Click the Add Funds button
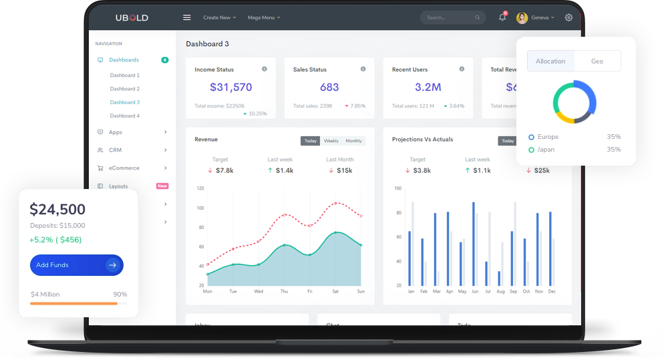coord(76,265)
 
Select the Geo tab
coord(597,61)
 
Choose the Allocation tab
coord(550,61)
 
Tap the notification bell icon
coord(502,17)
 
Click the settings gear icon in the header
coord(568,17)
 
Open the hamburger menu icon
coord(187,17)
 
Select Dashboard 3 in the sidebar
coord(125,102)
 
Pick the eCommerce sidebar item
coord(124,168)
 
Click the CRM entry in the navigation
coord(116,150)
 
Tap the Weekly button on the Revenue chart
coord(331,141)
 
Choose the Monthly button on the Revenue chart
coord(354,141)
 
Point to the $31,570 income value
coord(231,87)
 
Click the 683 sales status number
coord(329,87)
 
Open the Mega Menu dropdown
coord(263,17)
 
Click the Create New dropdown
coord(219,17)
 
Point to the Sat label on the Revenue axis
coord(335,292)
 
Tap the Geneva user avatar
coord(522,17)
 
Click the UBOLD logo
coord(132,17)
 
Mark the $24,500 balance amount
coord(57,210)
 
